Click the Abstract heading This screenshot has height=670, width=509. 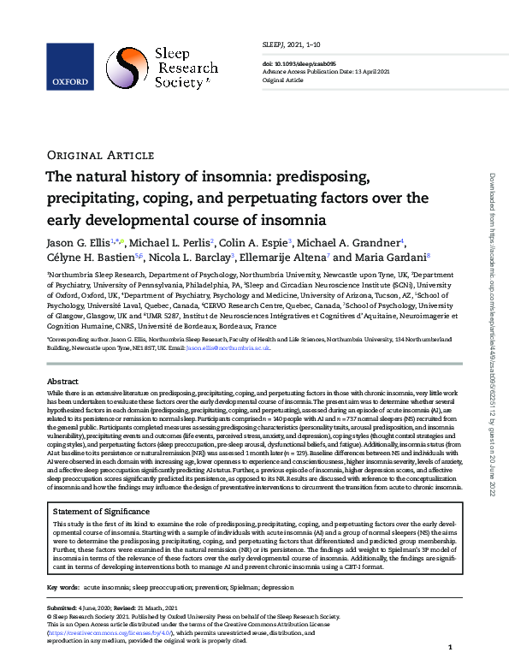[x=62, y=381]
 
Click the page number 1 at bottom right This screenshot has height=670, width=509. [x=449, y=649]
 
